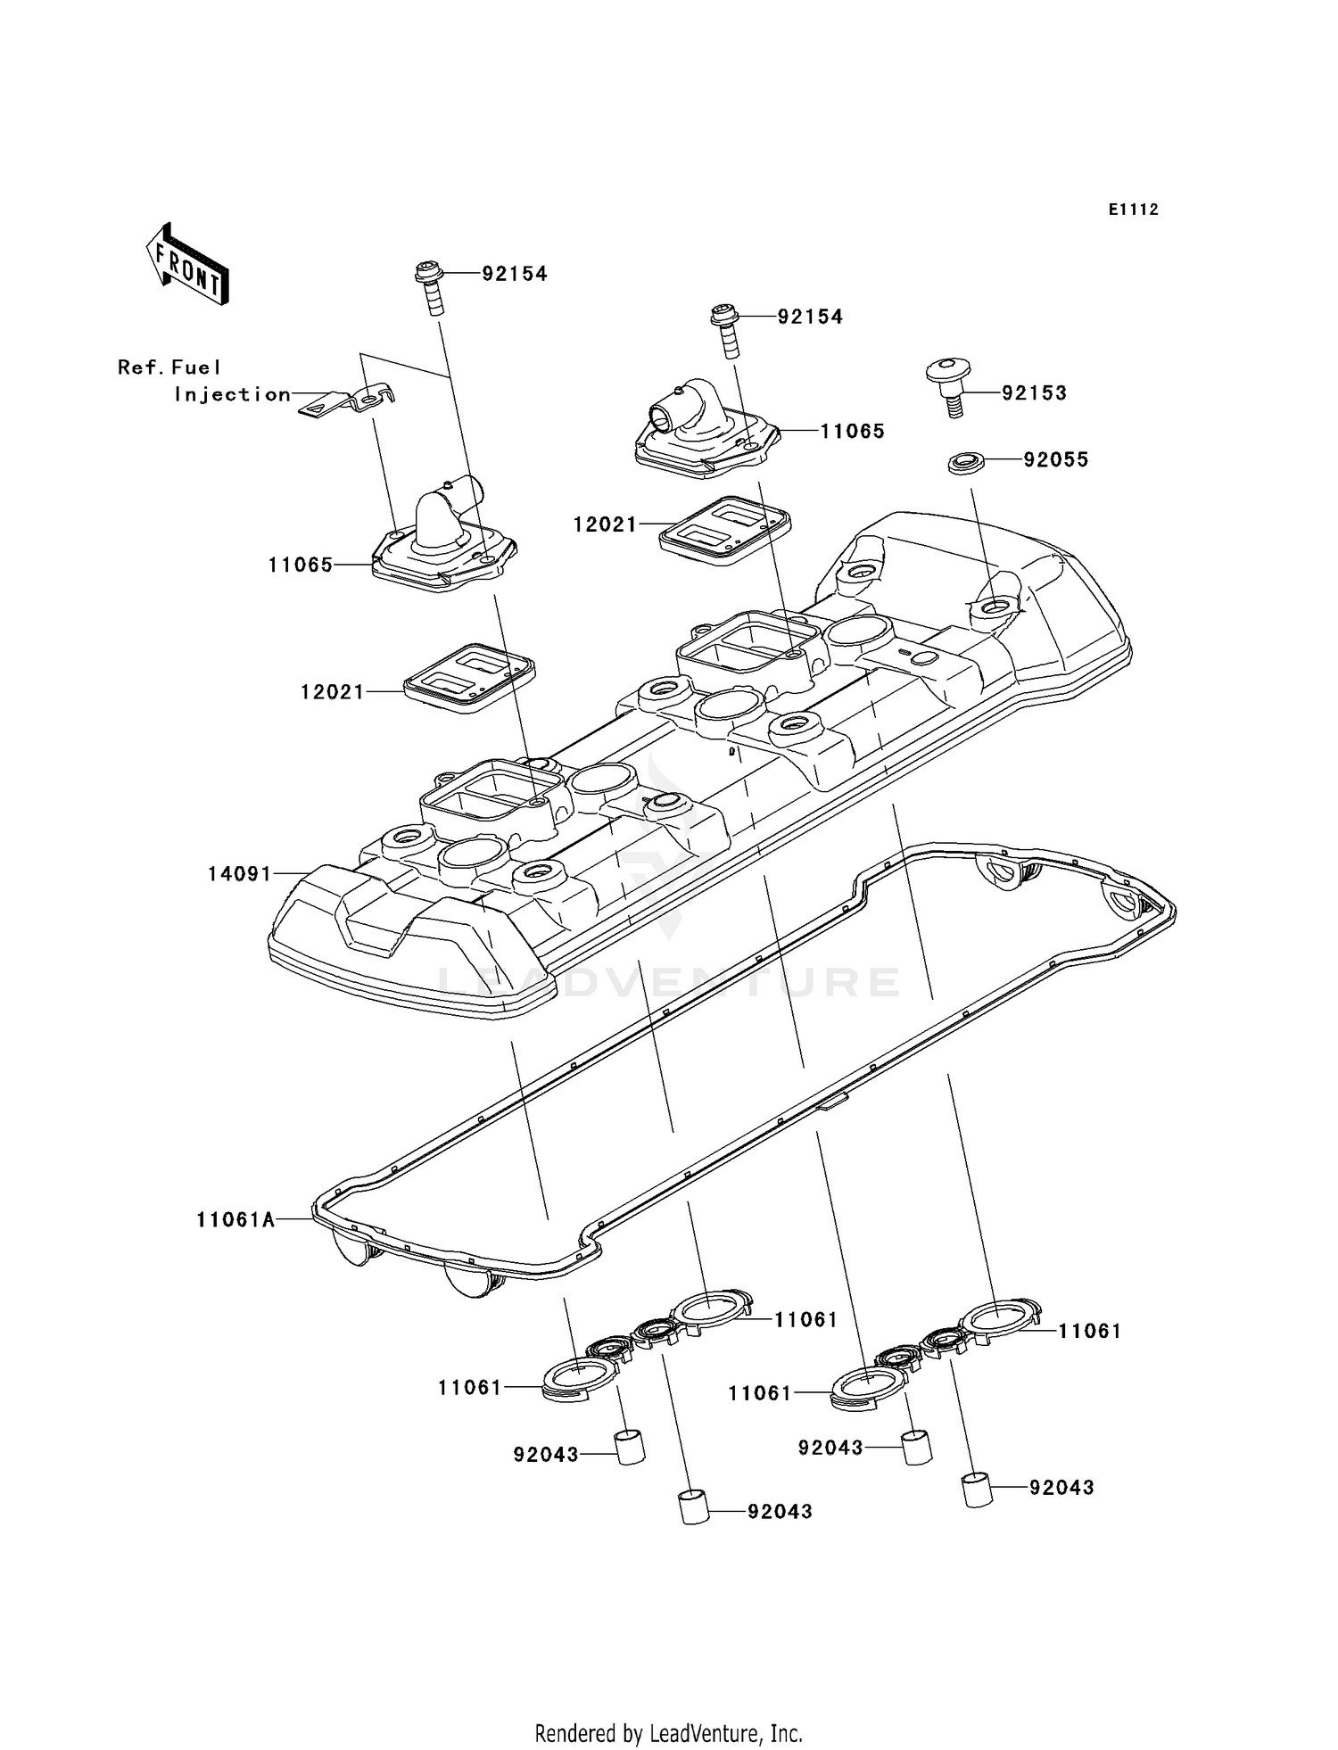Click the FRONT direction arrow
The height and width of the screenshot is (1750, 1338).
point(188,265)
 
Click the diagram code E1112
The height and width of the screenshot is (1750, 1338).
point(1133,210)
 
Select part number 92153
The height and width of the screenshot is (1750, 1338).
point(1034,393)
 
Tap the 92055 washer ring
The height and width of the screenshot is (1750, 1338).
point(965,463)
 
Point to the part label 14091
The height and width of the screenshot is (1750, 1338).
point(239,874)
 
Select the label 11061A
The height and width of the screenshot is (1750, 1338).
point(235,1219)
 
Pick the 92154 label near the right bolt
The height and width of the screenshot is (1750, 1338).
point(809,318)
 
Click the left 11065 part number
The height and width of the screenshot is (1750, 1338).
point(300,565)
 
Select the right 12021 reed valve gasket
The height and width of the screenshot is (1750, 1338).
point(724,529)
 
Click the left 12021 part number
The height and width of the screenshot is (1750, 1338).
point(332,692)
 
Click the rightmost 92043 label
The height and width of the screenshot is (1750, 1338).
point(1061,1488)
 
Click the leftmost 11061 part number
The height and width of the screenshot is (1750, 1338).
point(469,1388)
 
